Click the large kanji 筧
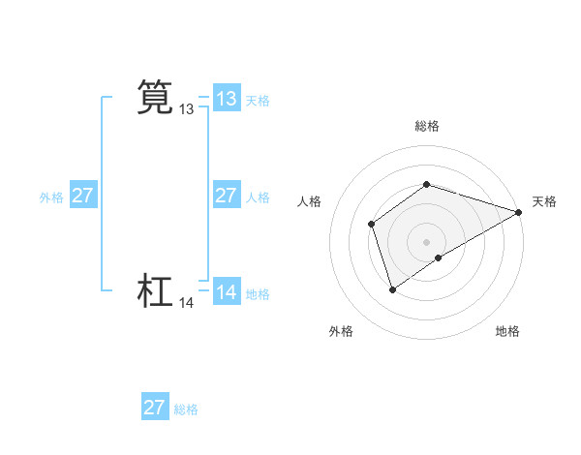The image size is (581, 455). [x=155, y=98]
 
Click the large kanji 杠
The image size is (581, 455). [x=155, y=291]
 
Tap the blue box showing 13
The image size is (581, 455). [x=227, y=99]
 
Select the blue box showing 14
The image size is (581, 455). [x=227, y=292]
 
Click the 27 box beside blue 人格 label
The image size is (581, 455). [x=227, y=196]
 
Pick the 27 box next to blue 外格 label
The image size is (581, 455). [x=83, y=196]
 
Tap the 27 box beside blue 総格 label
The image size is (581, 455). [x=155, y=408]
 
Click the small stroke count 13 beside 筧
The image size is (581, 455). [x=187, y=109]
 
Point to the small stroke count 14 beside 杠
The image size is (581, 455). [x=187, y=303]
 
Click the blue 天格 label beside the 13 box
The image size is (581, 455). [x=258, y=100]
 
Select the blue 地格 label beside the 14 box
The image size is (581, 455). [x=258, y=293]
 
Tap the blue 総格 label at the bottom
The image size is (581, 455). [x=186, y=409]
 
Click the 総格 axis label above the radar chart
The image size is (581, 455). [x=426, y=126]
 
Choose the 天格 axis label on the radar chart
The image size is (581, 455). [x=544, y=201]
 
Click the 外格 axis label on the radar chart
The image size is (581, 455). [x=341, y=331]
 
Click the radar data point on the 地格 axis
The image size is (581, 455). [x=439, y=258]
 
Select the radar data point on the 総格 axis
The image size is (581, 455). [x=426, y=184]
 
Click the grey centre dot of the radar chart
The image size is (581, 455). [x=426, y=242]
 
